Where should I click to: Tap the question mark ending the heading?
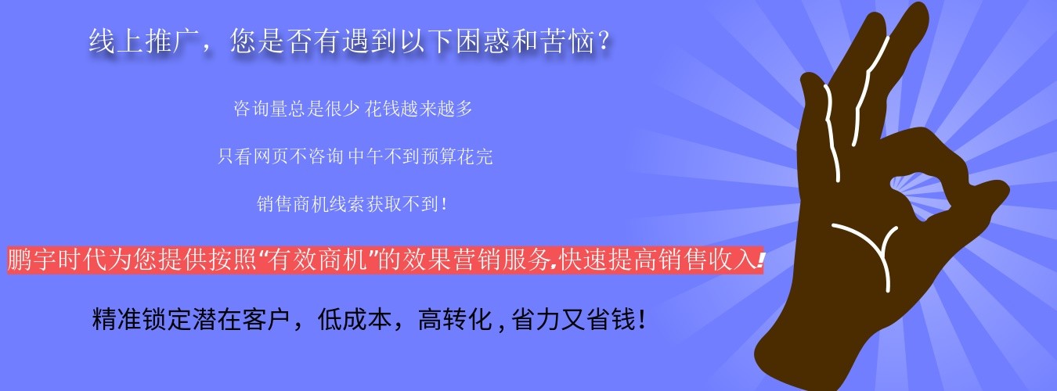(603, 41)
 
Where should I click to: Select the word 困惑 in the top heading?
(483, 41)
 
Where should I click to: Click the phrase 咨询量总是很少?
(297, 109)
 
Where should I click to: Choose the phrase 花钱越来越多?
(419, 109)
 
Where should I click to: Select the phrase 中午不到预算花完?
(420, 156)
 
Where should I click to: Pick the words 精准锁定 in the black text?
(142, 319)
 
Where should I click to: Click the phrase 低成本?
(355, 319)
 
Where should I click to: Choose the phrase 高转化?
(455, 319)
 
